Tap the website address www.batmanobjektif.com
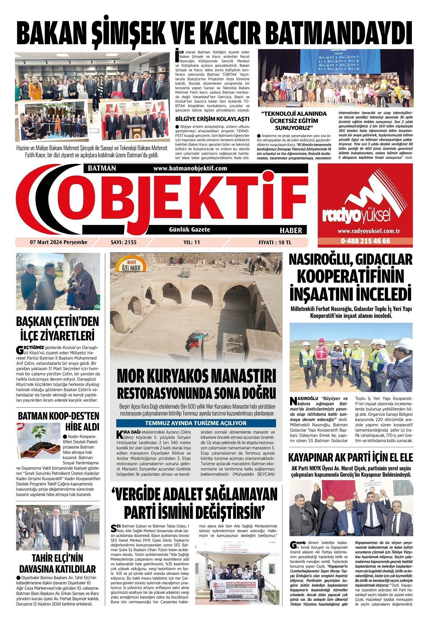tap(190, 168)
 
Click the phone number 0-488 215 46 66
tap(365, 241)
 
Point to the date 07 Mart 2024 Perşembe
tap(58, 242)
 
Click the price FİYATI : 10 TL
tap(275, 242)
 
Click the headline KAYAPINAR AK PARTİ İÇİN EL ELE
tap(351, 457)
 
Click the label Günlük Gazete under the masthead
tap(189, 229)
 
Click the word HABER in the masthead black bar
tap(291, 230)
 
